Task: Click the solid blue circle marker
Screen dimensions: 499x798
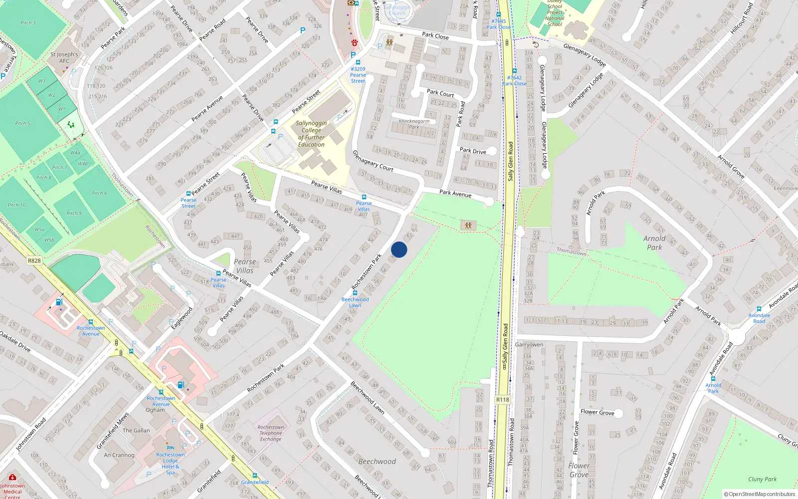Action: point(399,249)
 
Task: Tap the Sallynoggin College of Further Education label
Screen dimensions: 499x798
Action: point(311,134)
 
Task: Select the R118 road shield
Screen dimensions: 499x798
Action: point(503,400)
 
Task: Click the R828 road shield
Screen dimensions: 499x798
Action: point(34,260)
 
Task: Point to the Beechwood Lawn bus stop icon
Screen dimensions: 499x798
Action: point(355,293)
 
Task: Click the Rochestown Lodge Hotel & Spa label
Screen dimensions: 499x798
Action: point(170,463)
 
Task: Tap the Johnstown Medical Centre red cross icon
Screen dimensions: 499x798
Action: point(12,478)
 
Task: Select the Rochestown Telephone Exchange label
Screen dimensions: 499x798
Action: point(271,433)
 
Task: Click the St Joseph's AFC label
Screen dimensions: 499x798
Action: point(64,57)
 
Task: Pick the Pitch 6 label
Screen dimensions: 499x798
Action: point(99,193)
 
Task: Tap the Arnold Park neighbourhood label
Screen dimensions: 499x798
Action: point(654,243)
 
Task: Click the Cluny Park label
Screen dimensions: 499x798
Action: point(762,479)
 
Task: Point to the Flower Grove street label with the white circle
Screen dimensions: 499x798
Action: point(598,412)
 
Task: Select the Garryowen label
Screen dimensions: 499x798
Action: point(529,345)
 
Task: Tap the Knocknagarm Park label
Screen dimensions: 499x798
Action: point(414,124)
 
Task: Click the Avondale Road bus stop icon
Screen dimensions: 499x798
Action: point(759,309)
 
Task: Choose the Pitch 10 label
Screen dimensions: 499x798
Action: point(16,205)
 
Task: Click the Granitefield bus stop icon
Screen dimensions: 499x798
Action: point(255,476)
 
